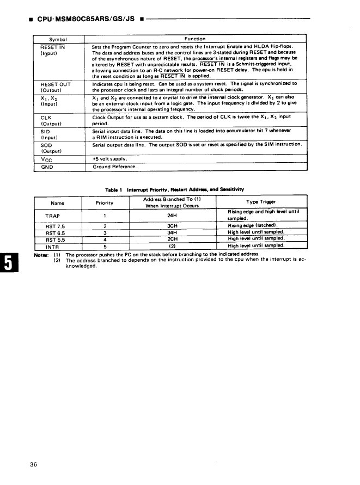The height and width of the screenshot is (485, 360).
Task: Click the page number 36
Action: (x=34, y=464)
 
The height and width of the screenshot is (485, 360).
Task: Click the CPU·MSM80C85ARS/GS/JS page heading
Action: (x=86, y=20)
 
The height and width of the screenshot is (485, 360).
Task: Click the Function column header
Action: (x=194, y=39)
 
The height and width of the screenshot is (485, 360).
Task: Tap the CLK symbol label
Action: (x=46, y=118)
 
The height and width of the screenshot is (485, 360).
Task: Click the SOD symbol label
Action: (x=46, y=145)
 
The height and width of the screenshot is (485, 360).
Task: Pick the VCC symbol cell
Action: (x=47, y=159)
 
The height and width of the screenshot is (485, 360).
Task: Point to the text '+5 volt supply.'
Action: (x=110, y=159)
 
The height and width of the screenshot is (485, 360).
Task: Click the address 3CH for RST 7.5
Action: (x=173, y=225)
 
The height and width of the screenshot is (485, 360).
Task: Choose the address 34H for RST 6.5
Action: (x=173, y=232)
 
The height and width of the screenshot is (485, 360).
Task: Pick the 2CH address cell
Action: (x=173, y=238)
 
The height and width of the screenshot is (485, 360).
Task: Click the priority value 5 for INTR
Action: (x=103, y=245)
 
